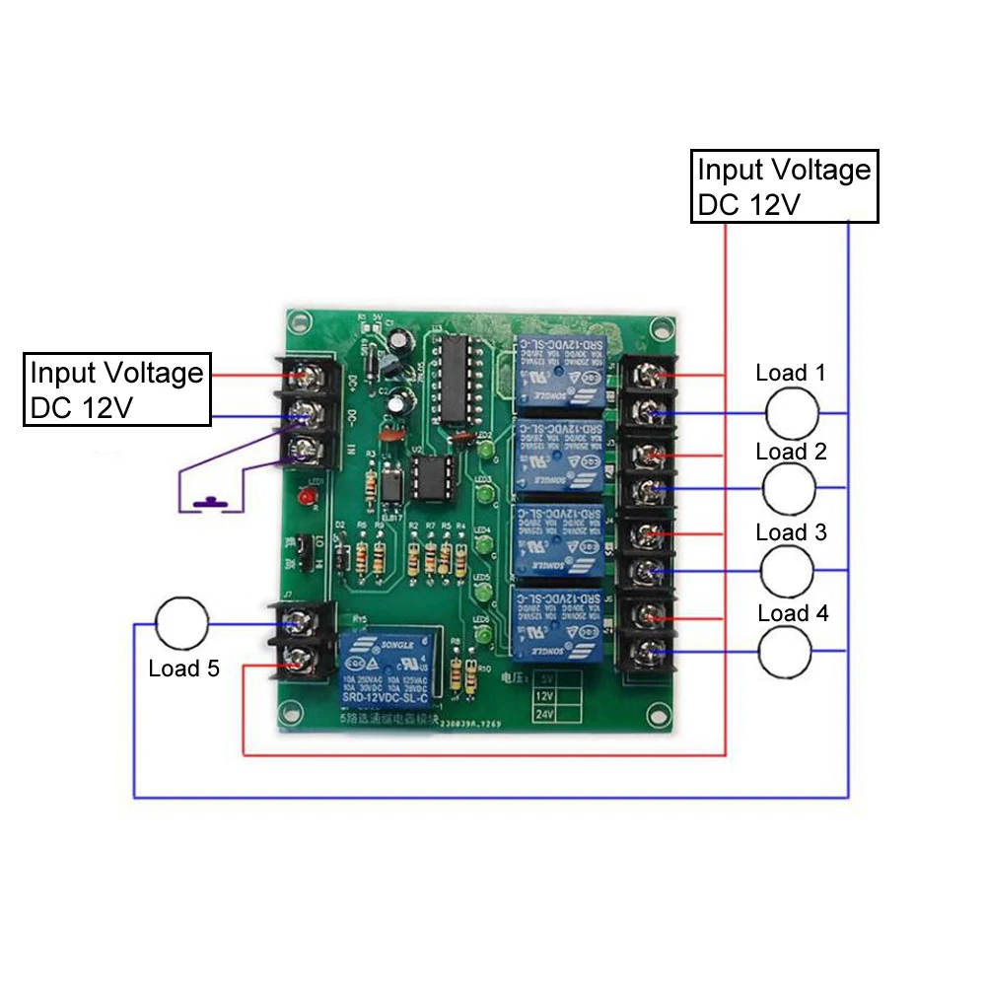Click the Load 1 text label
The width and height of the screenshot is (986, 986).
(790, 373)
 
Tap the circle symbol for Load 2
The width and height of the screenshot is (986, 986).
(789, 487)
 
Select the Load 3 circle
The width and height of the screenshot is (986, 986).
(788, 569)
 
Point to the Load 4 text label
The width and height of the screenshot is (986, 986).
(794, 613)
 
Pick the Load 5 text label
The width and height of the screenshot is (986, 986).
(184, 669)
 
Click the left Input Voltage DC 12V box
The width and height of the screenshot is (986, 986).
(117, 390)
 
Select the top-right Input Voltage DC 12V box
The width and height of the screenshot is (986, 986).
(785, 186)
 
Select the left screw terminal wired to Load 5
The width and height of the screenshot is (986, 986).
(298, 623)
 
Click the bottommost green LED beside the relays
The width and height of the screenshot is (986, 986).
(485, 640)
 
